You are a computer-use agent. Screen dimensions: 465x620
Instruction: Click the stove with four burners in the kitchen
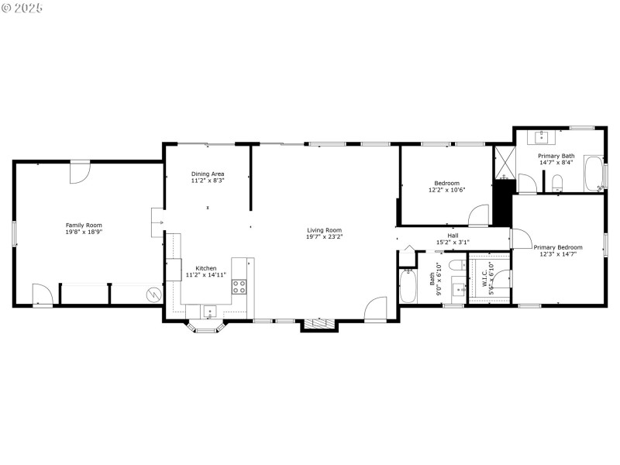tap(239, 287)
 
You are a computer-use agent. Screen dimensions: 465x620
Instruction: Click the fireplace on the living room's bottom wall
tap(320, 325)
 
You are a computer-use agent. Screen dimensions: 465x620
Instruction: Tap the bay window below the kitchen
tap(205, 326)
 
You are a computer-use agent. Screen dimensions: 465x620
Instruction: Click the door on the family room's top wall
tap(80, 172)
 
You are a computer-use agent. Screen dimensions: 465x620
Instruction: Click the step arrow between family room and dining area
tap(157, 222)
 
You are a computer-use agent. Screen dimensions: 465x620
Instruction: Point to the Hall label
tap(453, 236)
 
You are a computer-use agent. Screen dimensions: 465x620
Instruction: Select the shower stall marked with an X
tap(504, 163)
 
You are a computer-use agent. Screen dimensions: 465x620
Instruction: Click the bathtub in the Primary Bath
tap(594, 174)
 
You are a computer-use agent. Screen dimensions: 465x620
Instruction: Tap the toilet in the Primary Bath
tap(557, 183)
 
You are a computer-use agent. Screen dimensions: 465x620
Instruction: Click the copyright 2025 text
tap(22, 7)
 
